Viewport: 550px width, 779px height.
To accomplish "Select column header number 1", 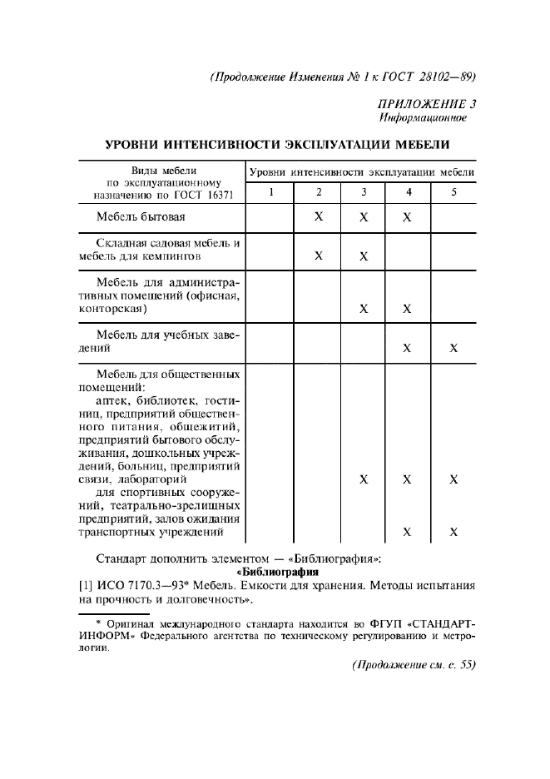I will pos(270,193).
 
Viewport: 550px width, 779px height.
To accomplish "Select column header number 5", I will pos(453,193).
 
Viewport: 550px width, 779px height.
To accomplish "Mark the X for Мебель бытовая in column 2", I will pos(319,217).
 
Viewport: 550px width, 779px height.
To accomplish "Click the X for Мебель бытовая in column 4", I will pos(408,217).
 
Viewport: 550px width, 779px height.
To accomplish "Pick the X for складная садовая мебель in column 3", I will pos(364,256).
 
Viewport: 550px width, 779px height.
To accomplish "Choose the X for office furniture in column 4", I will pos(408,309).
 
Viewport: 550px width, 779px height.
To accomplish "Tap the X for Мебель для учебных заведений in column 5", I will pos(453,348).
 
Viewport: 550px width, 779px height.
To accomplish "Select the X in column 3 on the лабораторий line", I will pos(364,480).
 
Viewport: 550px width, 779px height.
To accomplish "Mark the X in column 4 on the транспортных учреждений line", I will pos(408,533).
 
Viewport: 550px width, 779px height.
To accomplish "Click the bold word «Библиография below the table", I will pos(277,573).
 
